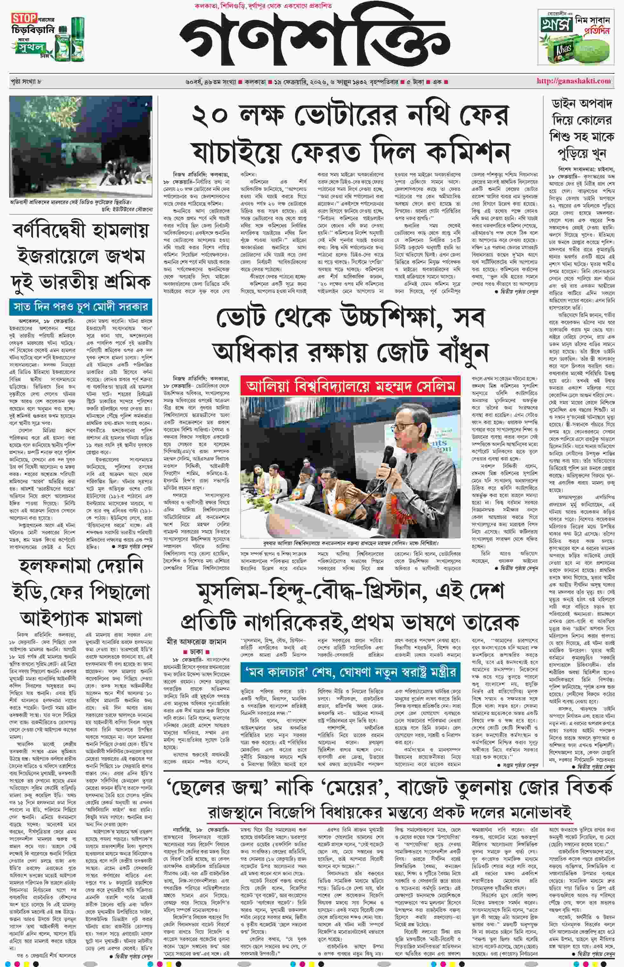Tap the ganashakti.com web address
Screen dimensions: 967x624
573,81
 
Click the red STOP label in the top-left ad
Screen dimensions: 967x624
24,18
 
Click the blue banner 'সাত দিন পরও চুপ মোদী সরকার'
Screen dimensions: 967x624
81,307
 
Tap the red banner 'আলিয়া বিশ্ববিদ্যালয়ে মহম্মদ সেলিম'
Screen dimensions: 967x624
350,386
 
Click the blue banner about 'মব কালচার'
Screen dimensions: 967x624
350,672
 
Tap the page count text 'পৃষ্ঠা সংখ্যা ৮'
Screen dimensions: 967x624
26,81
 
